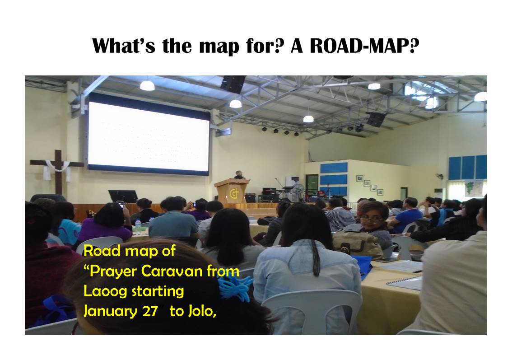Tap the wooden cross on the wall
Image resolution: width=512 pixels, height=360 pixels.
pos(58,172)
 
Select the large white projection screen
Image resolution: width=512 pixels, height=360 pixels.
pos(149,136)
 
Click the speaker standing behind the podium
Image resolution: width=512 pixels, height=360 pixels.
pos(239,175)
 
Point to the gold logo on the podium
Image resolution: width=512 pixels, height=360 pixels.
pos(234,194)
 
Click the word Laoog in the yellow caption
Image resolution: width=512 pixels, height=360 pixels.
pos(105,291)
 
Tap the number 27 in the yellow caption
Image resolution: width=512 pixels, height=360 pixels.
pos(150,311)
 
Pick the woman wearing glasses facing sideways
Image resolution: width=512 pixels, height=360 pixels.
pos(371,224)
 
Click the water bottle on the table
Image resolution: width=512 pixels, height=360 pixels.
pos(138,223)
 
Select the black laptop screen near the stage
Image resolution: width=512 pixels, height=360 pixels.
pos(123,196)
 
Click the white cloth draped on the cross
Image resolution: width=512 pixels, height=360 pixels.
pos(57,169)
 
